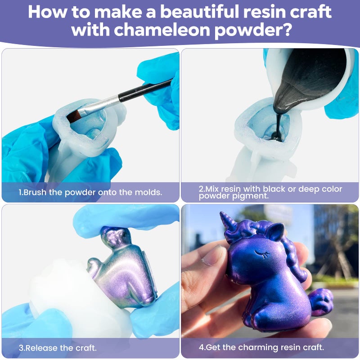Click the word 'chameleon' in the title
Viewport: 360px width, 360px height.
tap(162, 29)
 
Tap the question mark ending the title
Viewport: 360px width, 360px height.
tap(286, 29)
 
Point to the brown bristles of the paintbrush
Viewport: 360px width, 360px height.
tap(74, 116)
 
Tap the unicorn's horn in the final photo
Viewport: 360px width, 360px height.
tap(227, 221)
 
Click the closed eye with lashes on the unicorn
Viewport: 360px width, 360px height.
tap(262, 254)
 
